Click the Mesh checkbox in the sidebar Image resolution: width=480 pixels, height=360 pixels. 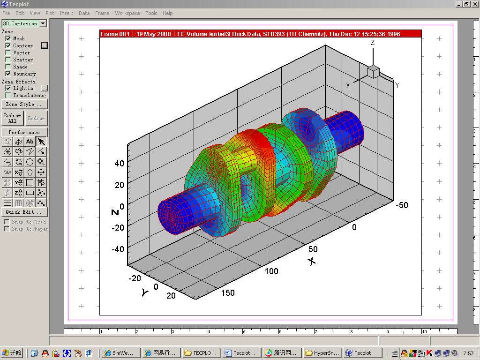pos(8,38)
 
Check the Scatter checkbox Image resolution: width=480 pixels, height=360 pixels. pos(8,60)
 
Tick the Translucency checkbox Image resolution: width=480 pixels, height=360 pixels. pos(8,95)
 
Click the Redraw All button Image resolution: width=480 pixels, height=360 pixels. pos(12,118)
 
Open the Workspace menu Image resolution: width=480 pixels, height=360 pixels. pos(127,13)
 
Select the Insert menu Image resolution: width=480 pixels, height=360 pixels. pos(66,13)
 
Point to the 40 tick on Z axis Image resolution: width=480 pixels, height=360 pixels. pos(119,164)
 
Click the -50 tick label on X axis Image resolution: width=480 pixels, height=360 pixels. pos(401,205)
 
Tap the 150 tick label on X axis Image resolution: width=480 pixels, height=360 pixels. pos(227,293)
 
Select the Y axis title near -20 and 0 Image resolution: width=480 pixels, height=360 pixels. pos(145,292)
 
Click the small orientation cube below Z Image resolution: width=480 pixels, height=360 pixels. pos(373,72)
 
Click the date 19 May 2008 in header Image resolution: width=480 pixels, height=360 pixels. pos(154,34)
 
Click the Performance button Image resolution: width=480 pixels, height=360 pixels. pos(24,132)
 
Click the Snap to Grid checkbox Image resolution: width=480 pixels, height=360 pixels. pos(7,222)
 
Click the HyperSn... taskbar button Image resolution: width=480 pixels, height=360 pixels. pos(322,353)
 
